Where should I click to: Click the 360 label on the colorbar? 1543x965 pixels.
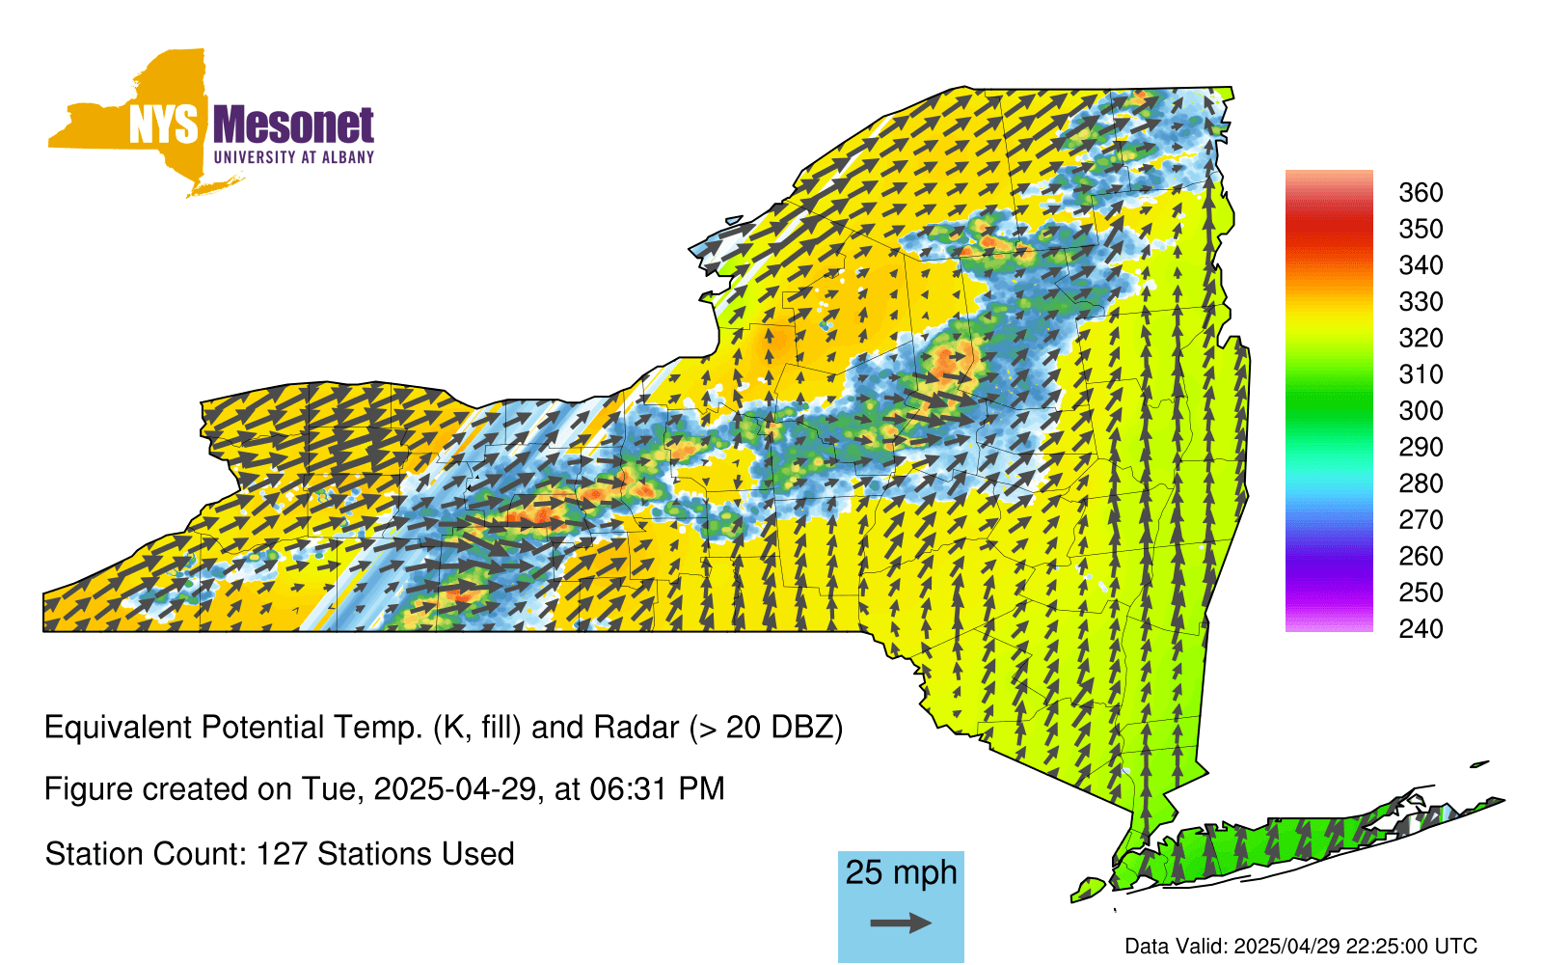pyautogui.click(x=1421, y=192)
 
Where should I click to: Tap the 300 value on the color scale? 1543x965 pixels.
pyautogui.click(x=1421, y=411)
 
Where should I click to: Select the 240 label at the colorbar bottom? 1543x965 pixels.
pyautogui.click(x=1421, y=628)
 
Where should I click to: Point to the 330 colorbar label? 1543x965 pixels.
pyautogui.click(x=1421, y=301)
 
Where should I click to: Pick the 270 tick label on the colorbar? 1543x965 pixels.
pyautogui.click(x=1421, y=520)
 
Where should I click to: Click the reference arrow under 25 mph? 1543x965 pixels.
pyautogui.click(x=901, y=923)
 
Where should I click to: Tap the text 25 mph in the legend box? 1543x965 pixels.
pyautogui.click(x=901, y=872)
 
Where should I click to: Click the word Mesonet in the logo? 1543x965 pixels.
pyautogui.click(x=294, y=125)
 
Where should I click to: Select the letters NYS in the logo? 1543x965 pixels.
pyautogui.click(x=163, y=125)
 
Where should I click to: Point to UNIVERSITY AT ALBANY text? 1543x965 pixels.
pyautogui.click(x=294, y=157)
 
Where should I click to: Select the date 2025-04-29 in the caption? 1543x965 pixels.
pyautogui.click(x=454, y=789)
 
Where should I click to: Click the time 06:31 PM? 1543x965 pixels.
pyautogui.click(x=657, y=789)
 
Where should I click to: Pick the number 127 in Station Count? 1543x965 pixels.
pyautogui.click(x=279, y=854)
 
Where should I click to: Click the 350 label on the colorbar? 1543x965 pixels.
pyautogui.click(x=1421, y=229)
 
